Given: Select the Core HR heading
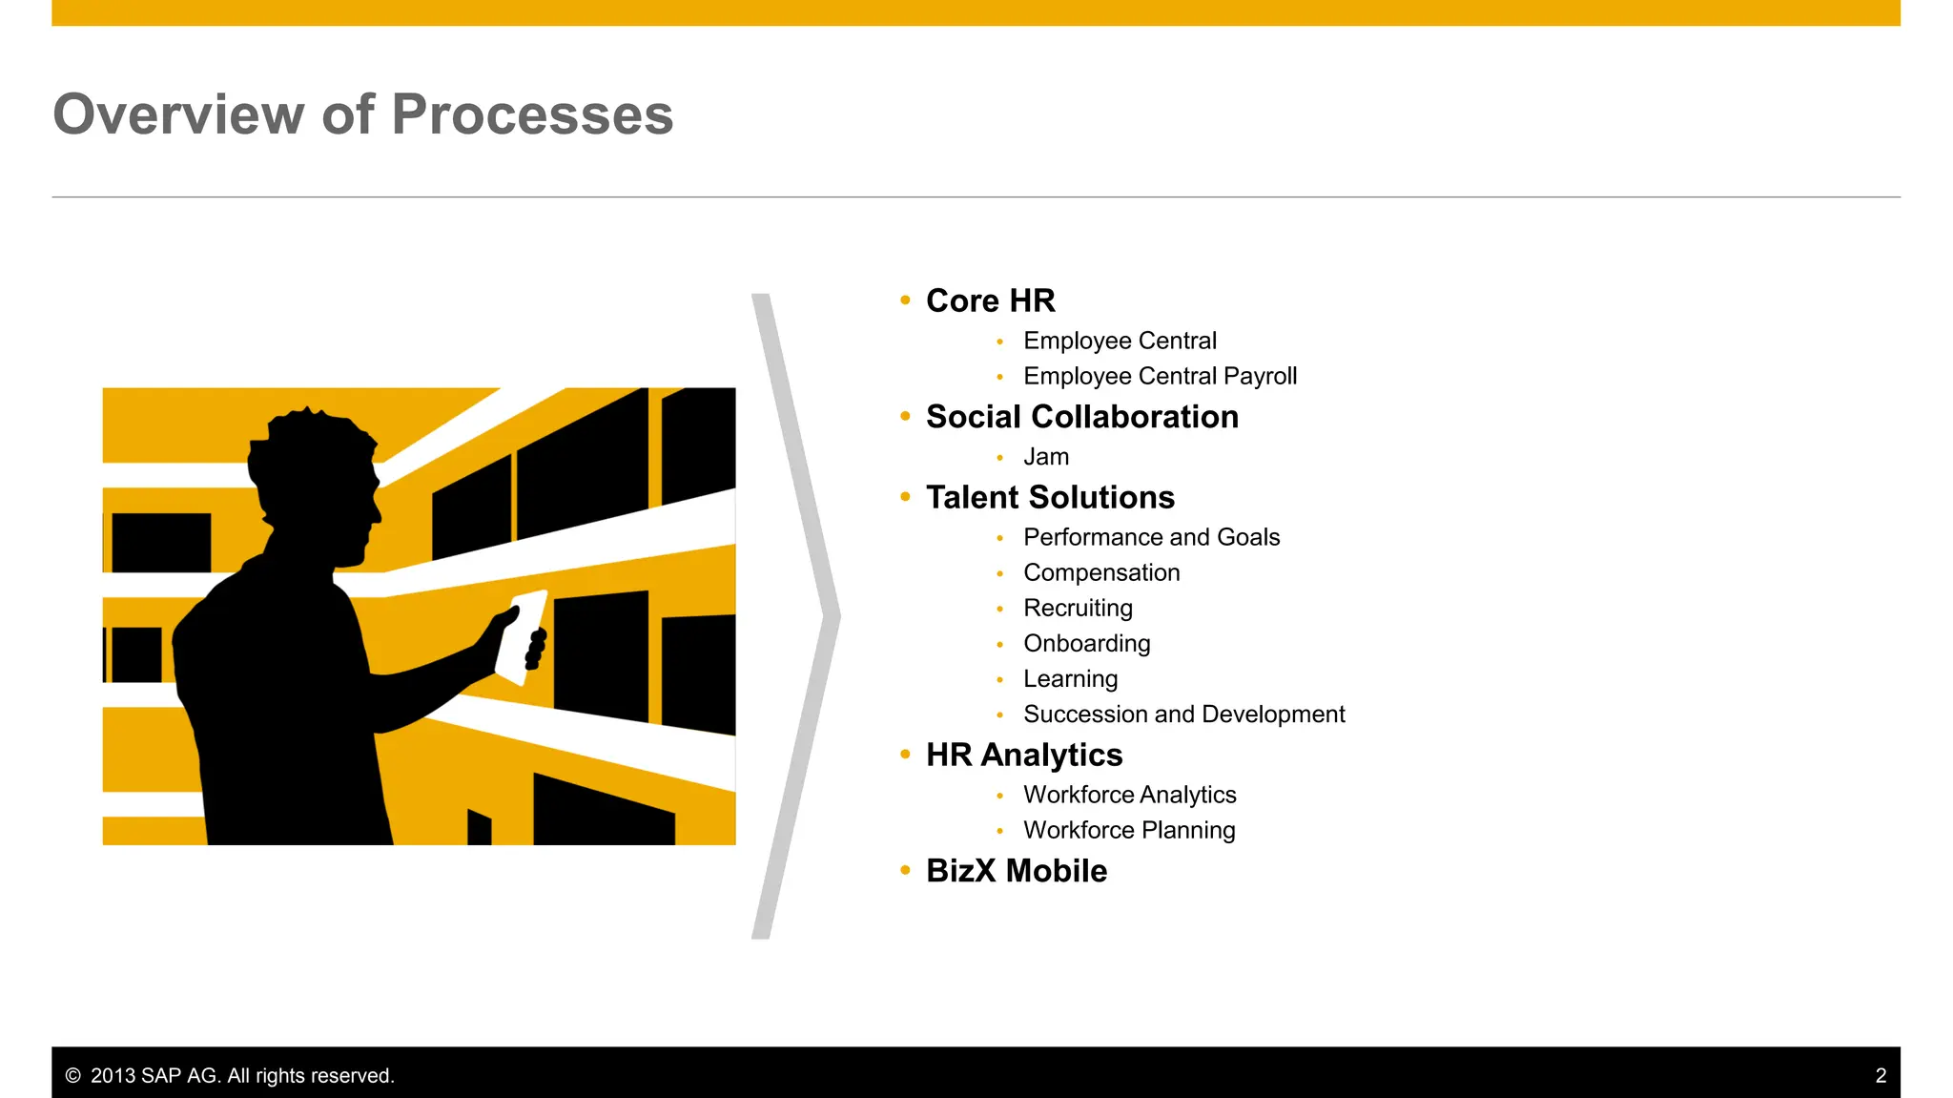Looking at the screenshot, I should pyautogui.click(x=990, y=301).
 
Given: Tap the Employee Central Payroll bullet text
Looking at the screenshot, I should pyautogui.click(x=1160, y=376).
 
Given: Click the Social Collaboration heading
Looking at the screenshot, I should pyautogui.click(x=1081, y=417).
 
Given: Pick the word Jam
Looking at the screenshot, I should pyautogui.click(x=1045, y=457).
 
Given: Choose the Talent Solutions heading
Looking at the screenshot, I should pyautogui.click(x=1050, y=498).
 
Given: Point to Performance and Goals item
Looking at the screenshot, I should pyautogui.click(x=1151, y=537).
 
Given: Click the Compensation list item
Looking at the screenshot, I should pyautogui.click(x=1101, y=572).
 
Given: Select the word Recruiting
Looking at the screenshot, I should pyautogui.click(x=1078, y=608).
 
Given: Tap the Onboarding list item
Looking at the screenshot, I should pyautogui.click(x=1086, y=643).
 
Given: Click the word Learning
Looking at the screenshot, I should pyautogui.click(x=1070, y=678).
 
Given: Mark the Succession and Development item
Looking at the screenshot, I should pyautogui.click(x=1183, y=714).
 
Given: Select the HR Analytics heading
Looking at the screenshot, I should pyautogui.click(x=1024, y=756).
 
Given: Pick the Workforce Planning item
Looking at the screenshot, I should pyautogui.click(x=1129, y=830).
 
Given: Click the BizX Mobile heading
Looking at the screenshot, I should pyautogui.click(x=1017, y=871).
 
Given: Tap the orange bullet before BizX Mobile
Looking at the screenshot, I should pyautogui.click(x=905, y=870).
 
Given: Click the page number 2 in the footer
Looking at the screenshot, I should pyautogui.click(x=1881, y=1076).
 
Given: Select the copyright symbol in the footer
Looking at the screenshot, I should pyautogui.click(x=72, y=1076).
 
